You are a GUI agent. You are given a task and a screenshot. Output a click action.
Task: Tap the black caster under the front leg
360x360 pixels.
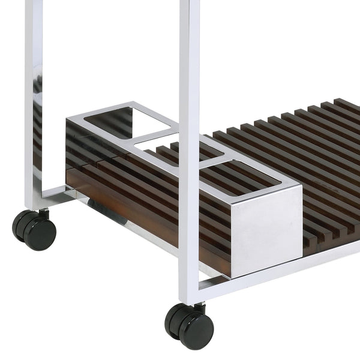[191, 326]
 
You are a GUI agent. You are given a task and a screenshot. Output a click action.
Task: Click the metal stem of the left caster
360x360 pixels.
[43, 212]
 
